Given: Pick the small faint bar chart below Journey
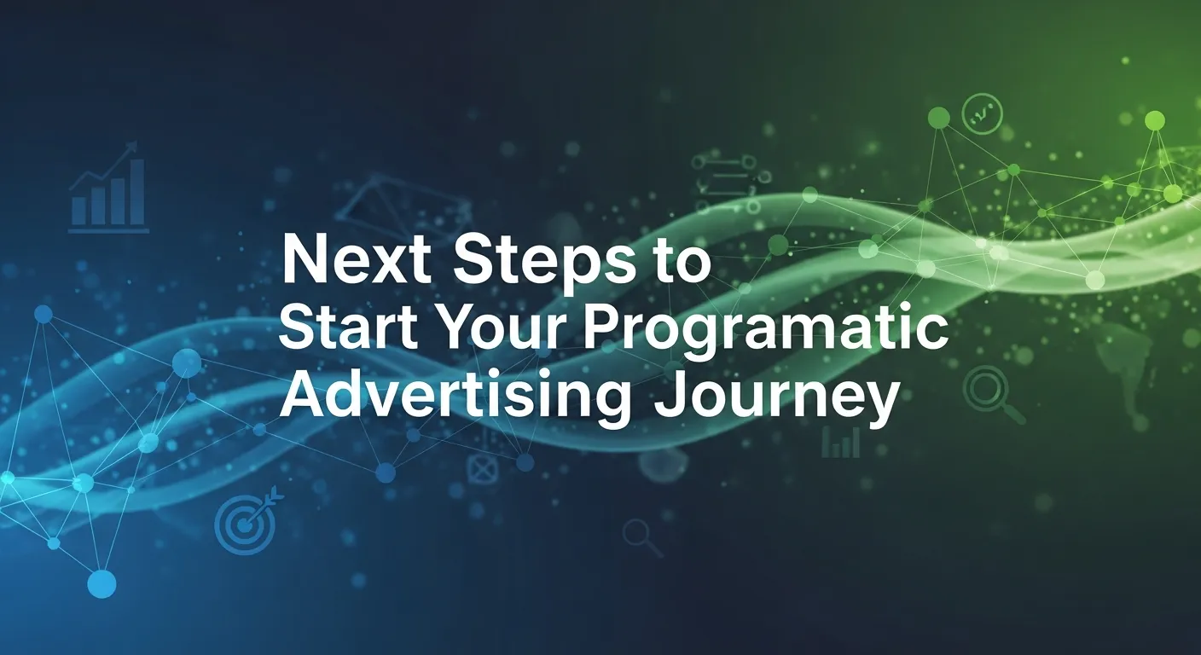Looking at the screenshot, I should pyautogui.click(x=840, y=442).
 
